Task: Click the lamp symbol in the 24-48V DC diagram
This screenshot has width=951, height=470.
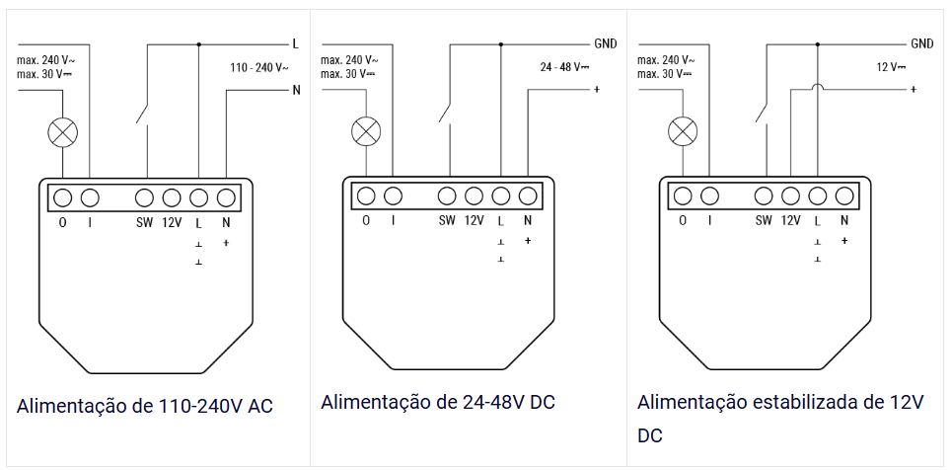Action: tap(366, 130)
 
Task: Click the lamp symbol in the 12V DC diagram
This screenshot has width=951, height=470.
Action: tap(682, 130)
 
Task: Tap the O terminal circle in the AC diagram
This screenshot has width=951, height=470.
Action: tap(62, 196)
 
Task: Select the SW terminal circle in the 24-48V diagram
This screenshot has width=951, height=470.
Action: tap(447, 196)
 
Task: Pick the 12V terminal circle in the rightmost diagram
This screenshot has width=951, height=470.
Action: tap(790, 196)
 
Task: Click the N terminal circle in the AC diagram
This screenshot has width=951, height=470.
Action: tap(226, 196)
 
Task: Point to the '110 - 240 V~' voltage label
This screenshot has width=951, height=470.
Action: tap(259, 68)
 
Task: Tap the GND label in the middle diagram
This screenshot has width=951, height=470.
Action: tap(605, 44)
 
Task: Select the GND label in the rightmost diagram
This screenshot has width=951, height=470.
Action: tap(922, 44)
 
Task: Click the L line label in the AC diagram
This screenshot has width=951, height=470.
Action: tap(295, 44)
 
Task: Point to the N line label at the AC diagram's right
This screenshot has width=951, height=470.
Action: tap(295, 91)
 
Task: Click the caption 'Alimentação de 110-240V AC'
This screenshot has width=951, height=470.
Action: tap(144, 407)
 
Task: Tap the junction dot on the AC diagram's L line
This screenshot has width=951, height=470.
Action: tap(199, 44)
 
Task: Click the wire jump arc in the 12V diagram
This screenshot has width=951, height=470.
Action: tap(817, 89)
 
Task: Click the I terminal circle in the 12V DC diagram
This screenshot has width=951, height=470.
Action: tap(709, 196)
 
